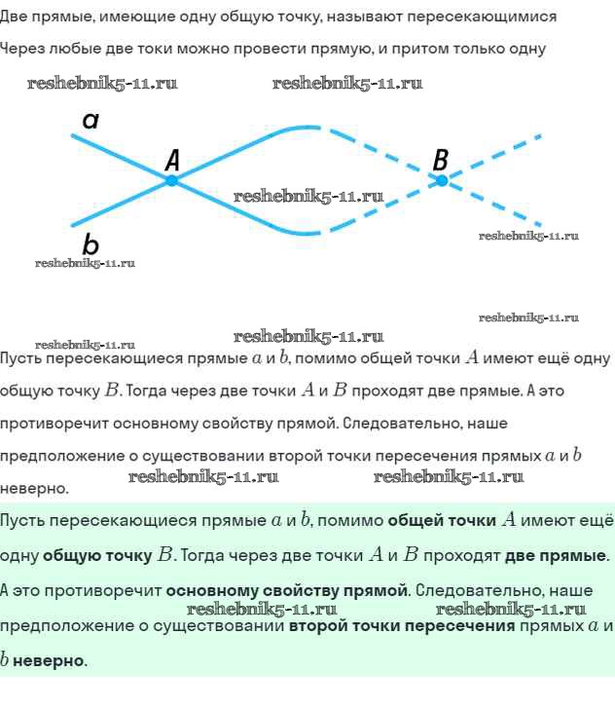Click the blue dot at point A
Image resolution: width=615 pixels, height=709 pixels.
tap(172, 180)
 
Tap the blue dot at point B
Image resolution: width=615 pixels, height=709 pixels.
tap(441, 180)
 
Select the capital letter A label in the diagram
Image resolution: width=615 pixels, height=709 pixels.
tap(173, 159)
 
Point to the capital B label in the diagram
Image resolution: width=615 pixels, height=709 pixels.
tap(441, 159)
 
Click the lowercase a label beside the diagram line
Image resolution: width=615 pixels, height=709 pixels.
tap(90, 121)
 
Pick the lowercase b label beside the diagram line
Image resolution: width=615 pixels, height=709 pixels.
tap(90, 243)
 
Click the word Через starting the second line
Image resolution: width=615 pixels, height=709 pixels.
tap(22, 49)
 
